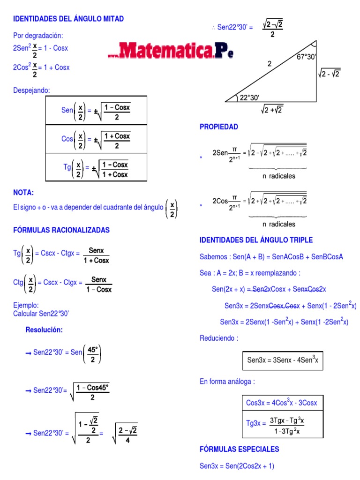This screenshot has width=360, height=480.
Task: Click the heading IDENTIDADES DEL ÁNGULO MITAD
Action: [68, 19]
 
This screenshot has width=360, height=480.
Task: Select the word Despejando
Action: [31, 90]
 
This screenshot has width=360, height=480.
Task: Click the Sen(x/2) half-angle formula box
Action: [96, 111]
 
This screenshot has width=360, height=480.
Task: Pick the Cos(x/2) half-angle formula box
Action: [96, 139]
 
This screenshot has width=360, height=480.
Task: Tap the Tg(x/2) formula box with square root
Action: [96, 167]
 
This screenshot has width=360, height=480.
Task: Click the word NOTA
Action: [24, 193]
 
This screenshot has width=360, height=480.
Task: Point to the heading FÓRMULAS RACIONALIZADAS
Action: [61, 230]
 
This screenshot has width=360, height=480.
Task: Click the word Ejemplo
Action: [26, 305]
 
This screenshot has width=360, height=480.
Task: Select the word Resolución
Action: [44, 330]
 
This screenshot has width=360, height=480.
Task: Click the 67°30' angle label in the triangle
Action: [307, 57]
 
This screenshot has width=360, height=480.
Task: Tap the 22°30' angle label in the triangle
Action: [249, 97]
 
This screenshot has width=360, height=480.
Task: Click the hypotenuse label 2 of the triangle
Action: [270, 64]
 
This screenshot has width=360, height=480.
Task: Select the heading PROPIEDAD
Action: [219, 127]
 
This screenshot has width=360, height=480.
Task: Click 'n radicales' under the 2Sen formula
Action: [279, 176]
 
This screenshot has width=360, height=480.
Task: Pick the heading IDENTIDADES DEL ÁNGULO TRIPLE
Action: [256, 240]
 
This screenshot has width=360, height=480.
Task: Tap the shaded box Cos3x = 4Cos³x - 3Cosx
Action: [282, 403]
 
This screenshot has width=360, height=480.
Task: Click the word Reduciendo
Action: [219, 338]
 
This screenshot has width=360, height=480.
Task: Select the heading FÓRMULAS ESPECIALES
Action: [239, 449]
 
